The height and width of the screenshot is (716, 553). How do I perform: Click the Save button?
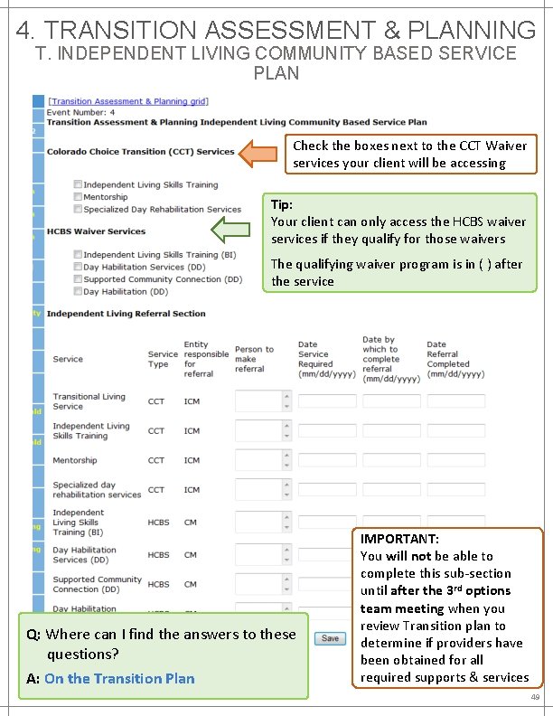pyautogui.click(x=331, y=638)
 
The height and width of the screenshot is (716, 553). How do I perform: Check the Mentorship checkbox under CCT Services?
pyautogui.click(x=79, y=197)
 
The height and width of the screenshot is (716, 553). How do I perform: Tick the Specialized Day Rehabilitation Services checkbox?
pyautogui.click(x=79, y=209)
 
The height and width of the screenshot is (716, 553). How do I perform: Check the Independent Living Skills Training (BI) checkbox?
pyautogui.click(x=79, y=255)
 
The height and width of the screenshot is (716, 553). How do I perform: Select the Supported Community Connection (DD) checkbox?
pyautogui.click(x=79, y=279)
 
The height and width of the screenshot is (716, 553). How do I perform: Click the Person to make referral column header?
pyautogui.click(x=254, y=359)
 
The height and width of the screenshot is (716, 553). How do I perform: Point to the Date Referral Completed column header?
pyautogui.click(x=448, y=359)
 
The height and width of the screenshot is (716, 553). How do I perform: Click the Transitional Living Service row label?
pyautogui.click(x=89, y=401)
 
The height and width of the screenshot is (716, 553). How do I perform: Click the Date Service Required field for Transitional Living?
pyautogui.click(x=327, y=401)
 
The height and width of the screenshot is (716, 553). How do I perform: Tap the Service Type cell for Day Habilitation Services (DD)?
pyautogui.click(x=158, y=555)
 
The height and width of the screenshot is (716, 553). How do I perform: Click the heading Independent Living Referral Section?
pyautogui.click(x=127, y=314)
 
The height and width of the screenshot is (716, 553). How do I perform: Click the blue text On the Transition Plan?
pyautogui.click(x=119, y=678)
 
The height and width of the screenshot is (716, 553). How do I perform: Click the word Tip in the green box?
pyautogui.click(x=282, y=205)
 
